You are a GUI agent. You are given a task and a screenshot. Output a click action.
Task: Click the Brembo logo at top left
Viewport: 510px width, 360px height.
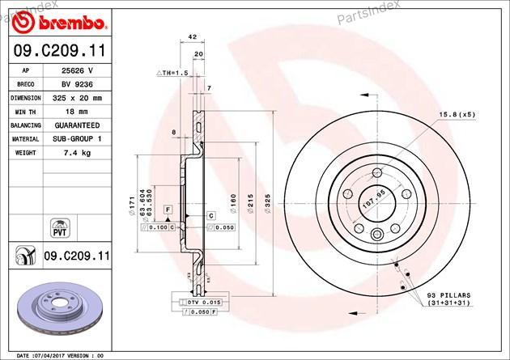pyautogui.click(x=58, y=23)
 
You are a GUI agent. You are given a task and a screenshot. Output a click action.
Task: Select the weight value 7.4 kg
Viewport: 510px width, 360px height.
pyautogui.click(x=77, y=153)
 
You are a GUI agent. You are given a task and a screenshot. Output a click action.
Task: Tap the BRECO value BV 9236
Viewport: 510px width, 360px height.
pyautogui.click(x=77, y=84)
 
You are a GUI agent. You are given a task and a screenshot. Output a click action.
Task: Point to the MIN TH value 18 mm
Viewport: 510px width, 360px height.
pyautogui.click(x=77, y=112)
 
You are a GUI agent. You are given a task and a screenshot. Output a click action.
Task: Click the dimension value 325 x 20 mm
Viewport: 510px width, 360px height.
pyautogui.click(x=77, y=98)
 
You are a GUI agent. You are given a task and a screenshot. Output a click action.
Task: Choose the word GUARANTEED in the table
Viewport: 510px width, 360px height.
pyautogui.click(x=77, y=125)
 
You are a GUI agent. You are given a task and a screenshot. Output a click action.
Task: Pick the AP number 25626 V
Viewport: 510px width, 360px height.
pyautogui.click(x=77, y=70)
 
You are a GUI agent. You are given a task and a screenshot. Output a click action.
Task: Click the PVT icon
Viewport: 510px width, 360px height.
pyautogui.click(x=60, y=228)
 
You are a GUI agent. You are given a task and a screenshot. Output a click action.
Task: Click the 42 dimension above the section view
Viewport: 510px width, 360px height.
pyautogui.click(x=193, y=36)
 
